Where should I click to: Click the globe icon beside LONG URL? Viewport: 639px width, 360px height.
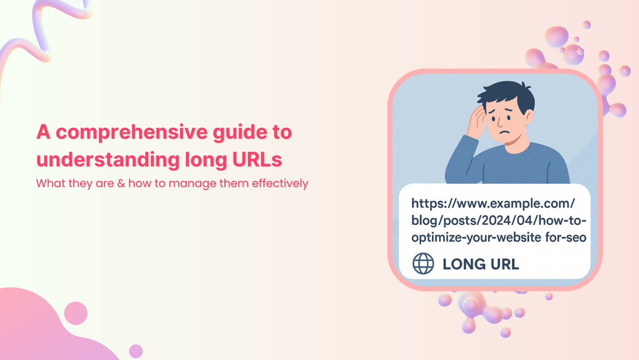click(423, 263)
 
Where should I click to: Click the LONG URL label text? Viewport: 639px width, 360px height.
click(480, 264)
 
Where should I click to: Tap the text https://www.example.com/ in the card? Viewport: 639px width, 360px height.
click(493, 204)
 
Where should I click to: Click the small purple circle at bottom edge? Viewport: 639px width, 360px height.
click(136, 351)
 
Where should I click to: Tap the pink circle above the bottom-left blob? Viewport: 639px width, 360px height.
click(76, 313)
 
